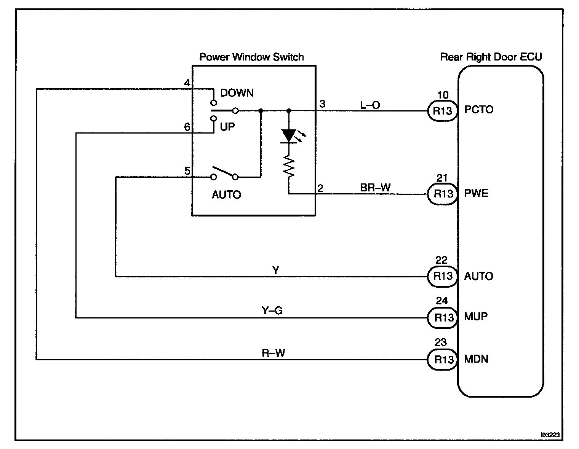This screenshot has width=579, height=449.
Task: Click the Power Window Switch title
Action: [251, 57]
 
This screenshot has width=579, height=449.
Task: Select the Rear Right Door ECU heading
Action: [491, 57]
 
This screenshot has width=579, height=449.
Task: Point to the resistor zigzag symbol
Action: [289, 168]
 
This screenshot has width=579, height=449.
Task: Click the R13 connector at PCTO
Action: [443, 111]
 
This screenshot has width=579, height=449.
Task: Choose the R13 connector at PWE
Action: [443, 194]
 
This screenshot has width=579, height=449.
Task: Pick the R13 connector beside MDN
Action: [443, 359]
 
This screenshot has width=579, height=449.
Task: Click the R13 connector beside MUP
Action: [443, 317]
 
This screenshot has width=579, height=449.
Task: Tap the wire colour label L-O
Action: [370, 105]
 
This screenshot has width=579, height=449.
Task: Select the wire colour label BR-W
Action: [375, 188]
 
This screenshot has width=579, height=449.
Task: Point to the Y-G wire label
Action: [272, 311]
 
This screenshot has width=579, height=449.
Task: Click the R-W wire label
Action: [273, 353]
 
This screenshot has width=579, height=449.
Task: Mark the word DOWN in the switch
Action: [237, 93]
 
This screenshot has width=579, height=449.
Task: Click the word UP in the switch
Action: [227, 127]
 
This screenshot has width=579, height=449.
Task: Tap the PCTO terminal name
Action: [479, 110]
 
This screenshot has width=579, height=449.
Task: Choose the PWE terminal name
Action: [476, 193]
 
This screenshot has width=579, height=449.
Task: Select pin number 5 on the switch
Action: [187, 171]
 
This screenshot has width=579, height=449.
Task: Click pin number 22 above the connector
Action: [441, 260]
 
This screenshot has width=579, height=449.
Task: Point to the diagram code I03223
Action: [552, 434]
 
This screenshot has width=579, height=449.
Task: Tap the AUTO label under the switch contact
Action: [226, 195]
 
